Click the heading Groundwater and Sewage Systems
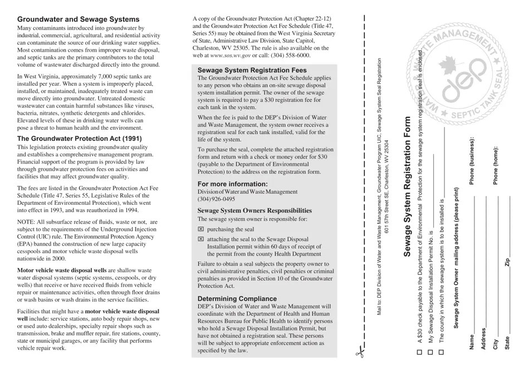click(78, 19)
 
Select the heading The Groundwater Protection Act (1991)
click(80, 139)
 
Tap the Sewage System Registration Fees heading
click(252, 71)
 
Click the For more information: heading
click(233, 184)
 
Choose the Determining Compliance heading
click(237, 298)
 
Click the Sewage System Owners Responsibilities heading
click(254, 211)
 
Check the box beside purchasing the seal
click(201, 229)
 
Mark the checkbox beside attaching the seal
click(201, 239)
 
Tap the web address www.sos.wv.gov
click(230, 56)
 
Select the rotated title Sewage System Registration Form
click(407, 186)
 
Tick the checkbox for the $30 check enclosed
click(419, 352)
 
